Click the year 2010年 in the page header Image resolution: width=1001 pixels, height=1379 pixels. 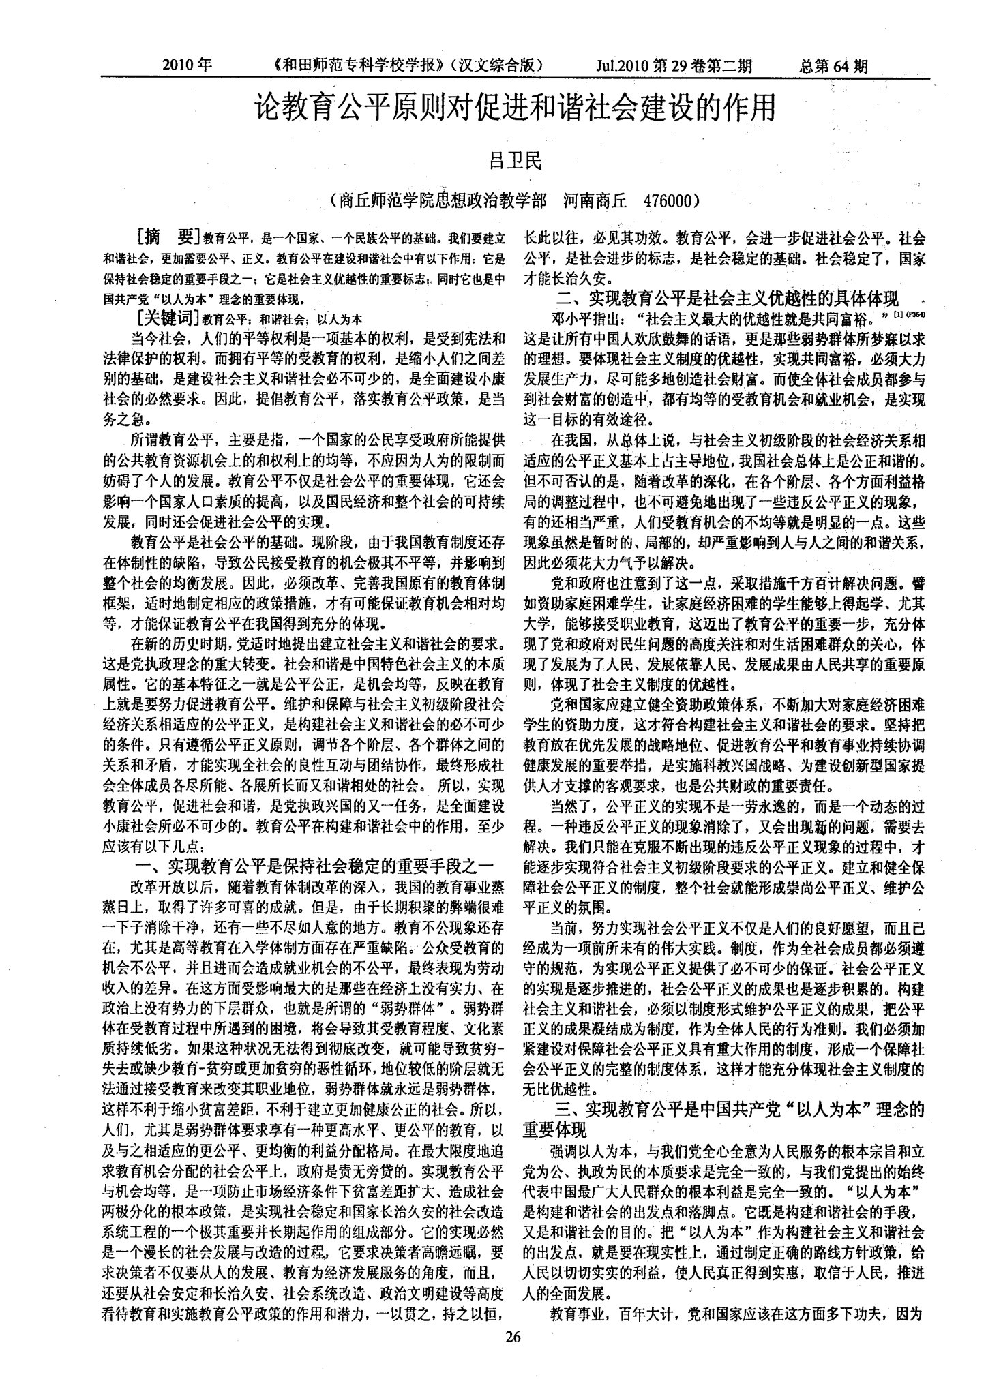[188, 65]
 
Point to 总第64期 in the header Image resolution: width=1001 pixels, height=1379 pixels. [833, 65]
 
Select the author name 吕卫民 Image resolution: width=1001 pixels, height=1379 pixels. [516, 161]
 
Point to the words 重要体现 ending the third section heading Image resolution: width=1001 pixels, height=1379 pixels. [554, 1129]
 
